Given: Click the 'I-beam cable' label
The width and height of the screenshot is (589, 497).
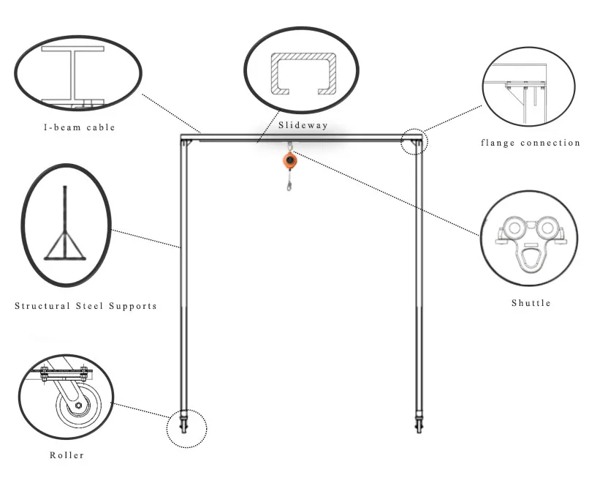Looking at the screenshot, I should pyautogui.click(x=78, y=127).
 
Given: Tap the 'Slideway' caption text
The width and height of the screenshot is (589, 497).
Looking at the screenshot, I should pyautogui.click(x=303, y=125).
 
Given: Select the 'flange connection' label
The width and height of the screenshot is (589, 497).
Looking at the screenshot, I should pyautogui.click(x=530, y=143).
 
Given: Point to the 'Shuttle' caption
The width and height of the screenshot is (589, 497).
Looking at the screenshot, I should pyautogui.click(x=531, y=303).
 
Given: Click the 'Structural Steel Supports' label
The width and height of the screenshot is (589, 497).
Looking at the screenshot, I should pyautogui.click(x=85, y=305).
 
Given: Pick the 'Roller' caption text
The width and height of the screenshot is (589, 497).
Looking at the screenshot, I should pyautogui.click(x=66, y=455).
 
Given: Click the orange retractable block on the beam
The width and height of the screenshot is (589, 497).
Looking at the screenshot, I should pyautogui.click(x=290, y=160).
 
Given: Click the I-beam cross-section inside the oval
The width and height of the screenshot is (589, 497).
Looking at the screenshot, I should pyautogui.click(x=75, y=75).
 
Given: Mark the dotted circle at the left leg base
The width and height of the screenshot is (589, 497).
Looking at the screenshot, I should pyautogui.click(x=186, y=427).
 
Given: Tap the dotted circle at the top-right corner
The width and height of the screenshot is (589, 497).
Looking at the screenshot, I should pyautogui.click(x=414, y=141).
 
